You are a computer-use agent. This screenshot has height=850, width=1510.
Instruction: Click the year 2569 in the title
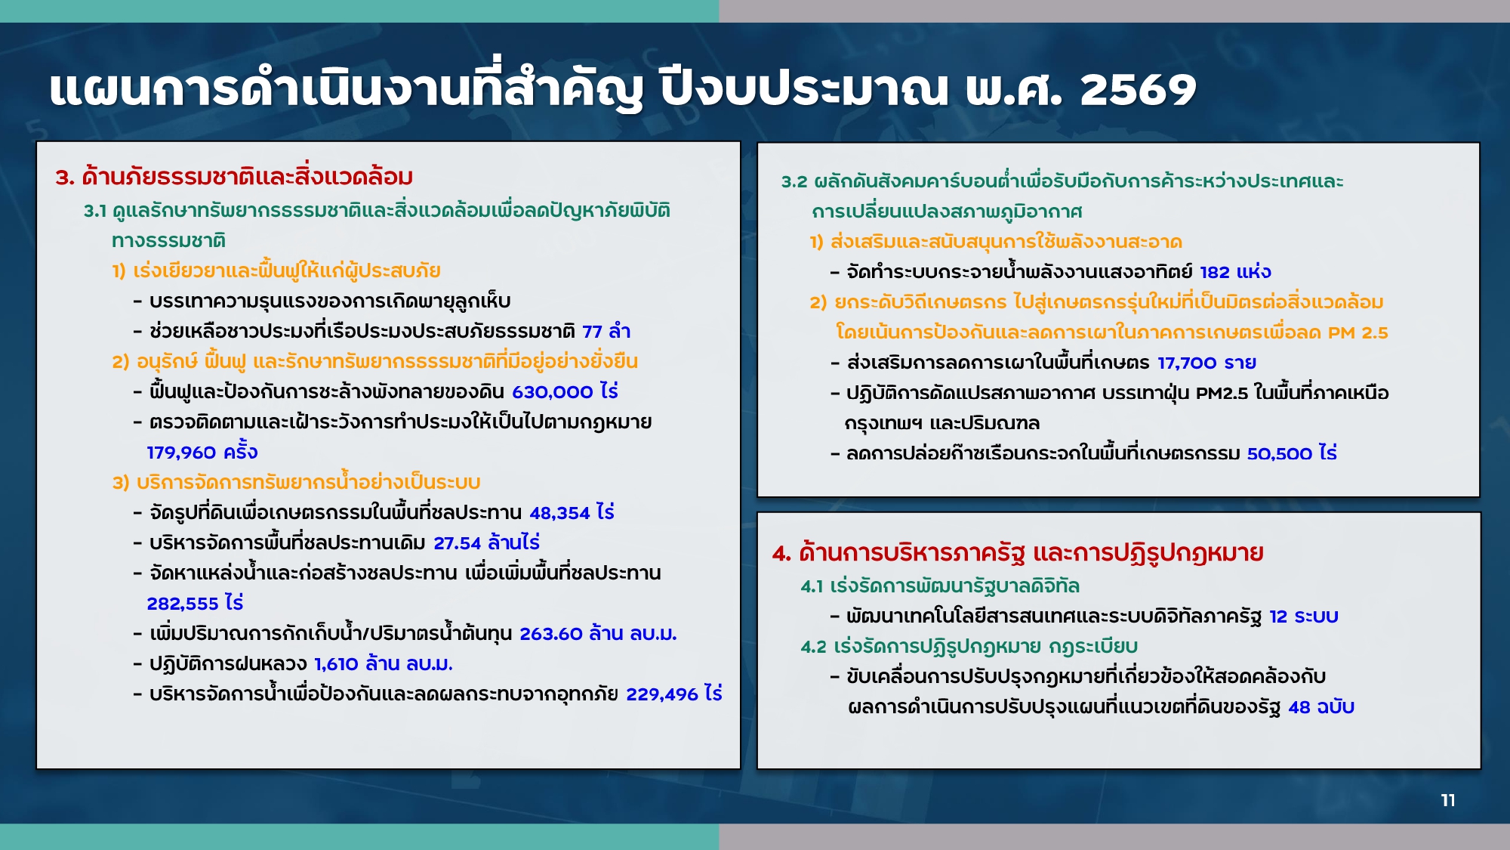[1138, 90]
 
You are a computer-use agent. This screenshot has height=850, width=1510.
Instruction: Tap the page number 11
[1447, 800]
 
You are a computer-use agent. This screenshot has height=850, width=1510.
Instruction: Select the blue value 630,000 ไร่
[565, 391]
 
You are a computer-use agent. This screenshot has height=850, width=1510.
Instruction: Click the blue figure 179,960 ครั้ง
[202, 452]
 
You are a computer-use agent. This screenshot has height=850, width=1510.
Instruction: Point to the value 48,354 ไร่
[572, 512]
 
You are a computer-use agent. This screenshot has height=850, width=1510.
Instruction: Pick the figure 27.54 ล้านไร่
[486, 542]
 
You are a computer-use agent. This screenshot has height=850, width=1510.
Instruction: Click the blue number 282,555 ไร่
[195, 603]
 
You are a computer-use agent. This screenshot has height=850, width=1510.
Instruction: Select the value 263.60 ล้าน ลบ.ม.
[598, 633]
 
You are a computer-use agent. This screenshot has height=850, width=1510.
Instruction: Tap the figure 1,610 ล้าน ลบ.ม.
[384, 663]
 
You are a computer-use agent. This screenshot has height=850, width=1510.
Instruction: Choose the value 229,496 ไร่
[674, 694]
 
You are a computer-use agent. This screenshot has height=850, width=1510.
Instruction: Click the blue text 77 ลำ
[606, 331]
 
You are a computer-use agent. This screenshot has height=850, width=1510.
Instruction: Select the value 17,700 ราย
[1206, 363]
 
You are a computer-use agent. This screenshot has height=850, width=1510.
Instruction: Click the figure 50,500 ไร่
[1292, 453]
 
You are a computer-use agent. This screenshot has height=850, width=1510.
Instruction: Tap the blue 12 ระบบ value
[1304, 617]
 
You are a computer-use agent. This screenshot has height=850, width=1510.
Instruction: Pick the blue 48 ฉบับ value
[1321, 707]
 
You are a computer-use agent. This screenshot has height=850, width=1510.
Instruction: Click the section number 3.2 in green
[794, 181]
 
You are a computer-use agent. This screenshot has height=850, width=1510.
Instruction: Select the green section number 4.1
[812, 586]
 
